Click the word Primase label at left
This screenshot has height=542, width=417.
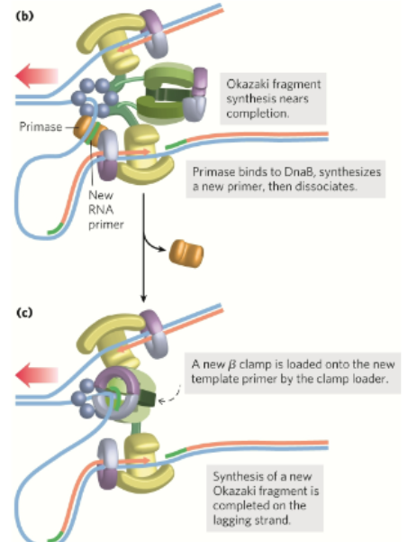click(37, 128)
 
